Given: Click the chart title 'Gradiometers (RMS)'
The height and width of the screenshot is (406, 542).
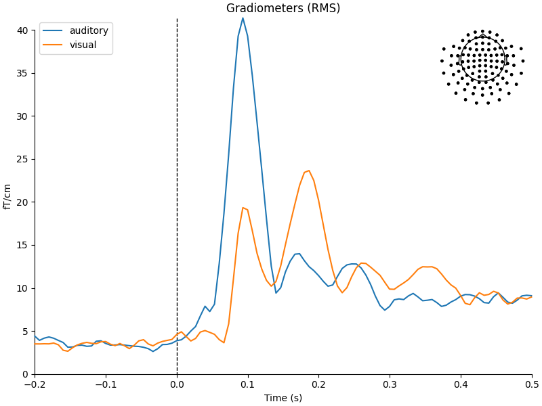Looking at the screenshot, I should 283,8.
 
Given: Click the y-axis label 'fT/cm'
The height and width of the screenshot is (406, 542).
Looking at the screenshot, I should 7,196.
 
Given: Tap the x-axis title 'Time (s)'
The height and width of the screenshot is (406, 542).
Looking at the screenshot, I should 283,398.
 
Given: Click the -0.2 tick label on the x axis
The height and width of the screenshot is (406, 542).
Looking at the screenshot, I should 35,384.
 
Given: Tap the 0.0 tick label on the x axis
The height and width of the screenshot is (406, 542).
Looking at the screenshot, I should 177,384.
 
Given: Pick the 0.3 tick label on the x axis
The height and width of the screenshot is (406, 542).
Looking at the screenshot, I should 390,384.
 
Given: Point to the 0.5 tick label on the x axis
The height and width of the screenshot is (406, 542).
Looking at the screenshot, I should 531,384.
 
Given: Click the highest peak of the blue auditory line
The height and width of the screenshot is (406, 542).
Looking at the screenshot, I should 243,18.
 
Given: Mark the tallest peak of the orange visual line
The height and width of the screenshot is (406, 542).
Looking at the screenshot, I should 309,171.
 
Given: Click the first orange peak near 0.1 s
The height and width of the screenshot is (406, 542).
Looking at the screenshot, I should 243,208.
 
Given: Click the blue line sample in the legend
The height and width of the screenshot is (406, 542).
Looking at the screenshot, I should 54,31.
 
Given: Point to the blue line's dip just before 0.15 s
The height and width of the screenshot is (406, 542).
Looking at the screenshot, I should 276,292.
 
